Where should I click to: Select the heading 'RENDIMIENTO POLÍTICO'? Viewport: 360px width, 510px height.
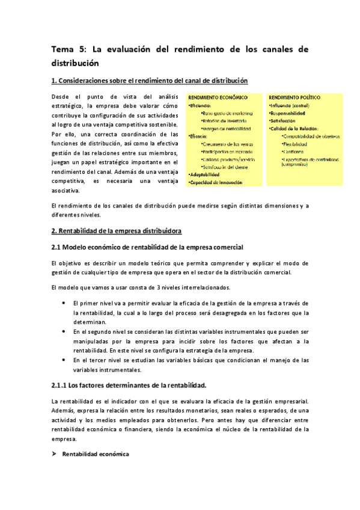point(294,97)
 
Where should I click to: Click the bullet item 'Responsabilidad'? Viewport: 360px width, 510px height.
point(288,112)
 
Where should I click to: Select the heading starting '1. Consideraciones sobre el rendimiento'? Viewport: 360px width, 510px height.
point(149,81)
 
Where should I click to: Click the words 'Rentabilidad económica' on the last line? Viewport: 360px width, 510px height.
point(96,454)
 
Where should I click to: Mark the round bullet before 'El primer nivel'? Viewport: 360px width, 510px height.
point(64,302)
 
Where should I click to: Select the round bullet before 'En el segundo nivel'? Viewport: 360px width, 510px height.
point(64,331)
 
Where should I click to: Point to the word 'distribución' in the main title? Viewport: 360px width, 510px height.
point(75,63)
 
